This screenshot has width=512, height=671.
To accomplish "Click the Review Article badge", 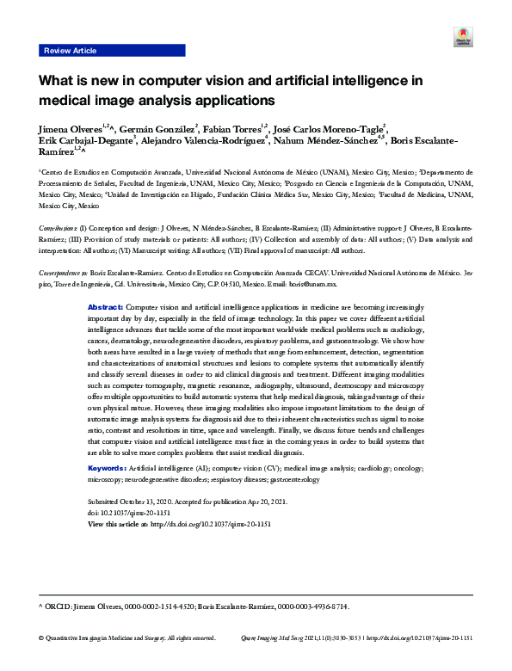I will pyautogui.click(x=70, y=51).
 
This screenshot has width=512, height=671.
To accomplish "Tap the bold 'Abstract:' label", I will pyautogui.click(x=106, y=306).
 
